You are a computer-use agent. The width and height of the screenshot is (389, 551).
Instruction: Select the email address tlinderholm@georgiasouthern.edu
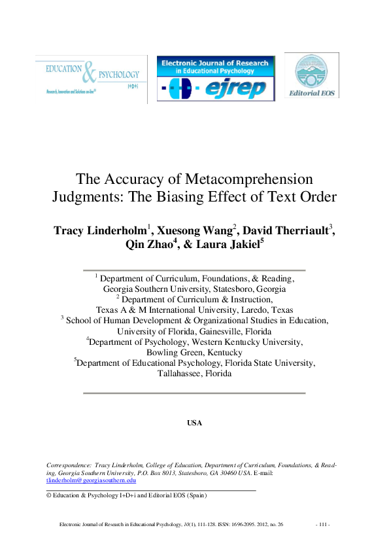[90, 480]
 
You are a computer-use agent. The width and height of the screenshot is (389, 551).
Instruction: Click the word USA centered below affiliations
[194, 423]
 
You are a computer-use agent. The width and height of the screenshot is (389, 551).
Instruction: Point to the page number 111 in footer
[323, 525]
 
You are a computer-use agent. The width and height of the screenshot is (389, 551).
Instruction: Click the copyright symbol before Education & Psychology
[48, 495]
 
